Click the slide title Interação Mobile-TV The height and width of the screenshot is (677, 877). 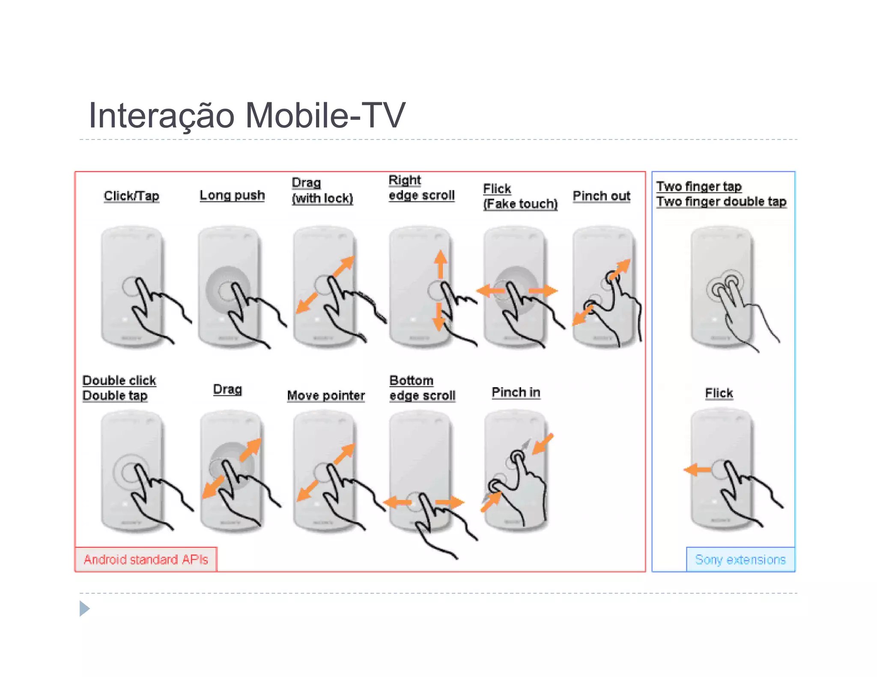click(246, 115)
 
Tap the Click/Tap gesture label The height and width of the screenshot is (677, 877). click(131, 196)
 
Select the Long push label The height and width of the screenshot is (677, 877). click(232, 195)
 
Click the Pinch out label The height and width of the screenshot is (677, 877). click(601, 196)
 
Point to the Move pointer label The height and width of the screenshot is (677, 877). click(326, 395)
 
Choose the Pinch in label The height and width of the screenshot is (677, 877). click(516, 392)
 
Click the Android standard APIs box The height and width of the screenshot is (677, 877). click(146, 559)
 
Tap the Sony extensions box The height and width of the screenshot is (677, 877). click(740, 559)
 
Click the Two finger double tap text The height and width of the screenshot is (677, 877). click(721, 202)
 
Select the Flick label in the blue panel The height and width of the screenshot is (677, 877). click(719, 393)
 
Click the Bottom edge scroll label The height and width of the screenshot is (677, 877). click(422, 388)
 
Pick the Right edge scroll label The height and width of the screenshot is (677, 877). click(421, 188)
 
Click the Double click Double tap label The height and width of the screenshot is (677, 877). click(119, 388)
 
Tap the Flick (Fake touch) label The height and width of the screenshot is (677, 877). click(520, 196)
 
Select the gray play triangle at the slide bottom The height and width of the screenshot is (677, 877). click(84, 609)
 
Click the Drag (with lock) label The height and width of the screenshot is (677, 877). click(322, 190)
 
